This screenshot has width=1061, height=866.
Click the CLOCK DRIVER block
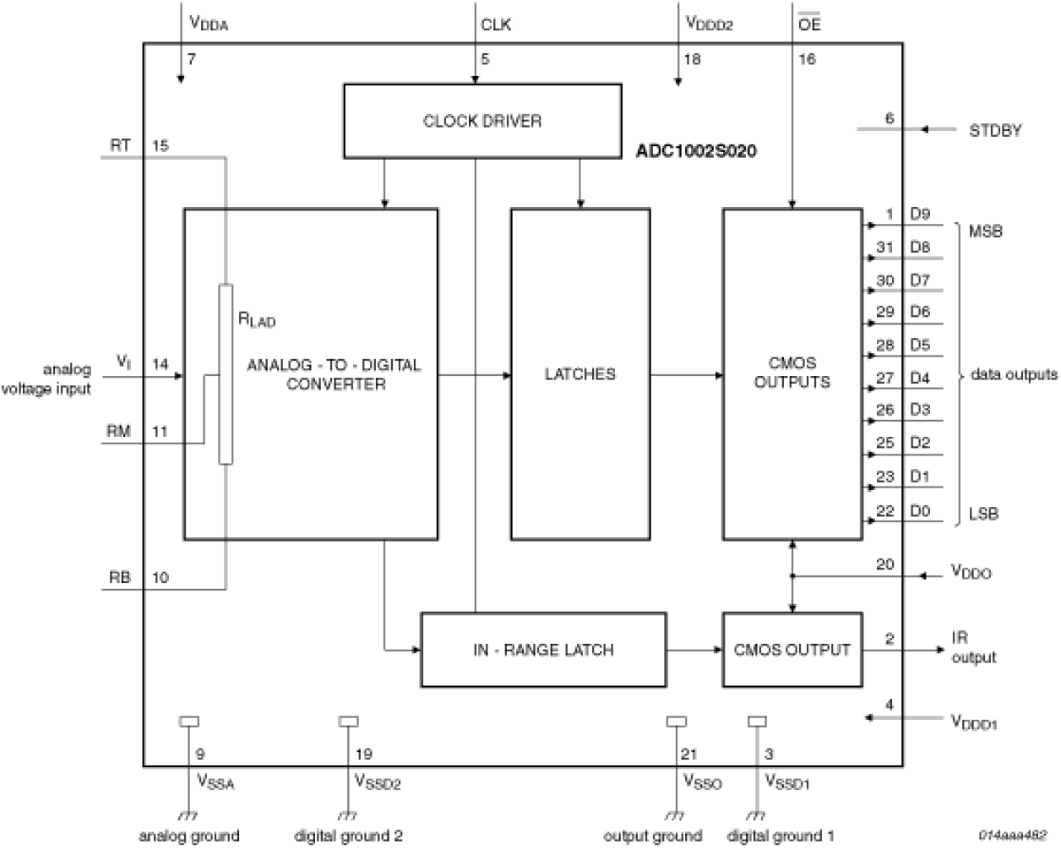(482, 121)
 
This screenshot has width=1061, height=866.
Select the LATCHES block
(580, 373)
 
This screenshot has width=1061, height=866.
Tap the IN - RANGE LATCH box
(542, 650)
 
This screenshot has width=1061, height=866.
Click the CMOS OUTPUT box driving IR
(792, 650)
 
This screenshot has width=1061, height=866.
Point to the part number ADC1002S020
(696, 152)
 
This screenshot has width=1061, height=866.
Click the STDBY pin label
(995, 130)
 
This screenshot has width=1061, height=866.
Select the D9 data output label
(920, 215)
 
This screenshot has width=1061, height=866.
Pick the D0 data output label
(920, 510)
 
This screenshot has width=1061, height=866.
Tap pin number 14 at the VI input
(160, 364)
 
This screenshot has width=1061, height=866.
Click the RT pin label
(120, 145)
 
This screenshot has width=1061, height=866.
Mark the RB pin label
(119, 578)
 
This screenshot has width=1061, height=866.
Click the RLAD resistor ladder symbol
(226, 374)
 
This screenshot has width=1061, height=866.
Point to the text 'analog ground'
(188, 836)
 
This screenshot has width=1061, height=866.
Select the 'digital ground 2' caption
(348, 836)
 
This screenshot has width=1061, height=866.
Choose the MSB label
(986, 231)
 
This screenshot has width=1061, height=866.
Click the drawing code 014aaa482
(1013, 834)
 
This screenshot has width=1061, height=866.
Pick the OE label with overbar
(808, 25)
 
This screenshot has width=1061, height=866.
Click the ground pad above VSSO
(676, 722)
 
